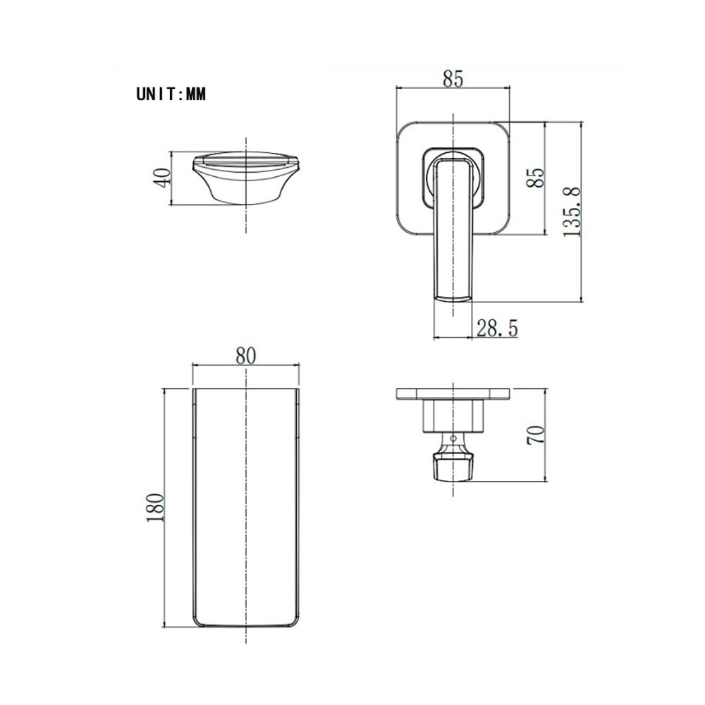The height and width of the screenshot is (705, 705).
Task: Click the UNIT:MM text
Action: point(171,94)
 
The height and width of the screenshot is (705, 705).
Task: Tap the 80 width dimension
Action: point(245,355)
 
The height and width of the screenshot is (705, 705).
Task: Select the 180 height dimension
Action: point(156,508)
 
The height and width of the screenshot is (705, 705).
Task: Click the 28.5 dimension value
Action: point(497,329)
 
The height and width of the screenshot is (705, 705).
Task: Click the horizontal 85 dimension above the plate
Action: point(453,79)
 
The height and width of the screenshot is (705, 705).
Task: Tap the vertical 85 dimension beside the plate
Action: point(536,178)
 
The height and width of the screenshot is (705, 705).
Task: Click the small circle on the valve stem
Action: point(453,438)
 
